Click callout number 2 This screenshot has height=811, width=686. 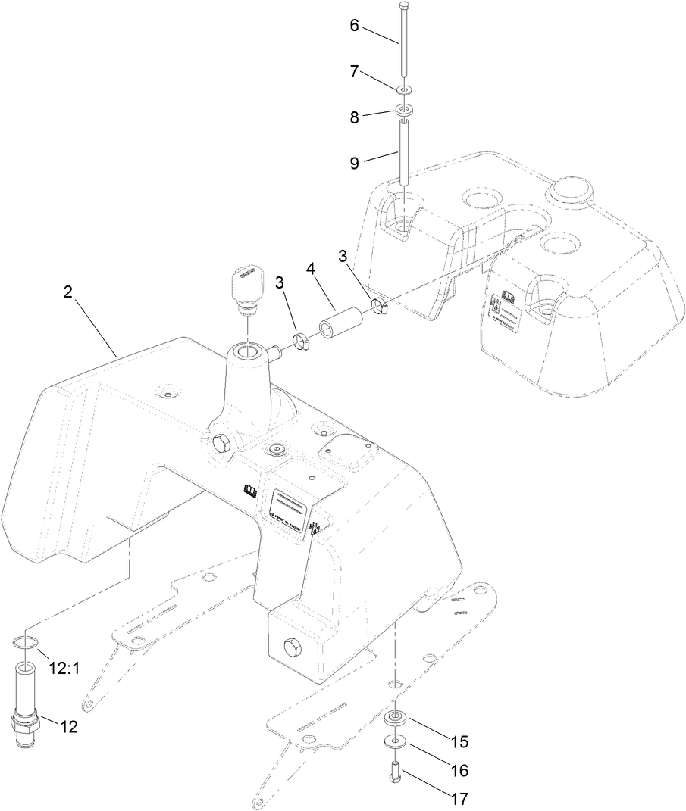tap(67, 293)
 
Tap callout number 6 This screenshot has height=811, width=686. tap(355, 24)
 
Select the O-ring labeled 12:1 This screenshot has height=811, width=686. tap(25, 644)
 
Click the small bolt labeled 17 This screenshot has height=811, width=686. tap(394, 773)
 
